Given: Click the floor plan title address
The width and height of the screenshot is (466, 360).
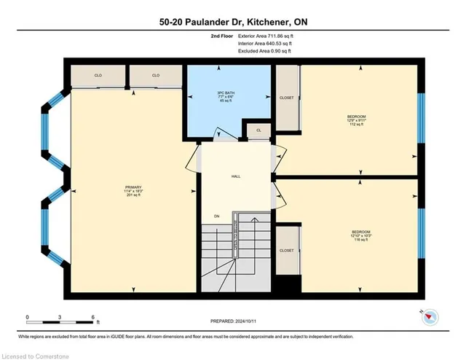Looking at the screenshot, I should (x=232, y=22).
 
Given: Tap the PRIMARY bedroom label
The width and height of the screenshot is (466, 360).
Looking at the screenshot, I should (x=133, y=191).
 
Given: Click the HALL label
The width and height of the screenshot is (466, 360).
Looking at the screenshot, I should (x=235, y=176).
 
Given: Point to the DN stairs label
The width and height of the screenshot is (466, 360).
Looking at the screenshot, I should (x=216, y=216).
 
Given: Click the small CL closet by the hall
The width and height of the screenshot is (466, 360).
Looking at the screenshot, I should (x=258, y=131).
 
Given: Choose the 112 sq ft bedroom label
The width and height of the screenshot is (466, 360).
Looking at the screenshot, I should (x=356, y=120).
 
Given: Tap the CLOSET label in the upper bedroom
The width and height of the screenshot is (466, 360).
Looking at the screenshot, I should (x=287, y=98).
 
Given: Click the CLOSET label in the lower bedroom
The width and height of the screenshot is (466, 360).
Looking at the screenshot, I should (x=287, y=250).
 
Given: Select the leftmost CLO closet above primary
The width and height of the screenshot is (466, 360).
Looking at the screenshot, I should (x=98, y=75).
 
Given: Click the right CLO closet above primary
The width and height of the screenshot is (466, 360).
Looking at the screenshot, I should (x=155, y=75).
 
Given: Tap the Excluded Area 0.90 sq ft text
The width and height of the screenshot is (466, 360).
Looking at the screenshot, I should (x=264, y=52).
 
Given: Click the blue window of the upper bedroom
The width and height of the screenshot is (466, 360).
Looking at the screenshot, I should (x=420, y=117).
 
